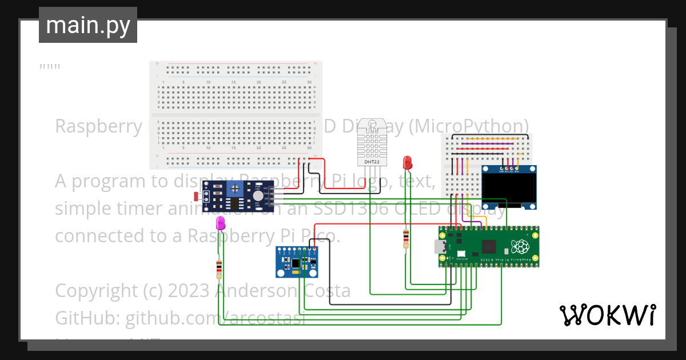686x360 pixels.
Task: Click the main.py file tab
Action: [x=87, y=25]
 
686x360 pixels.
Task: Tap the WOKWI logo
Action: [x=607, y=315]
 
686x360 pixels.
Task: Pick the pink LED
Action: [x=221, y=223]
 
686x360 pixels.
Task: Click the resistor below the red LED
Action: [x=406, y=239]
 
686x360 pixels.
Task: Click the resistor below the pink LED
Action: [x=219, y=269]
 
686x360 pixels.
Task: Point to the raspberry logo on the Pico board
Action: [x=520, y=247]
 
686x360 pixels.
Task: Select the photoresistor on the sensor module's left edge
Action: [x=197, y=196]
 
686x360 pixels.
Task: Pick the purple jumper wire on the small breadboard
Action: [x=461, y=166]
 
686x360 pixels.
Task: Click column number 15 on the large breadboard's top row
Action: [x=233, y=83]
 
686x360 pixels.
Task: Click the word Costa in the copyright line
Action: [x=325, y=290]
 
